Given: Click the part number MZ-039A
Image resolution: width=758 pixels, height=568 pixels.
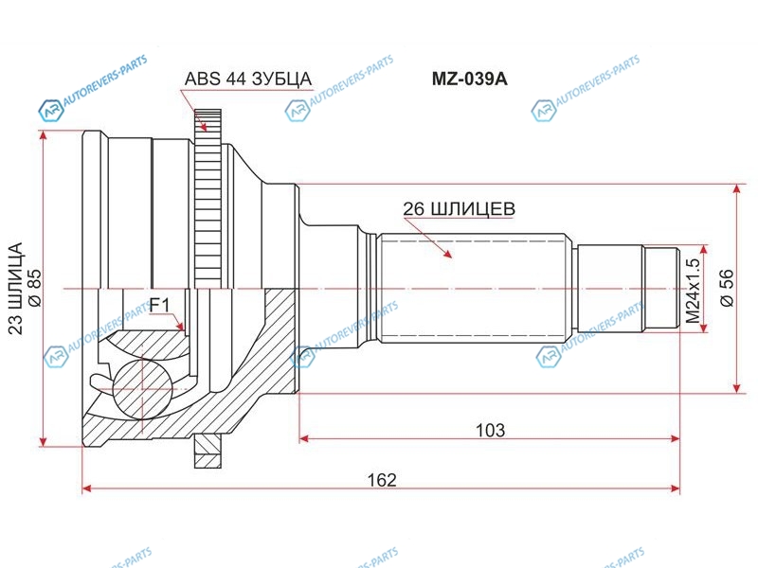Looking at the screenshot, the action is click(x=469, y=79).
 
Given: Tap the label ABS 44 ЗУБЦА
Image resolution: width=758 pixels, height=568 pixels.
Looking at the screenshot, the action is click(x=248, y=79).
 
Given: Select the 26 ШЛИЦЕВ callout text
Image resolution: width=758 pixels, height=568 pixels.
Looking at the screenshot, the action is click(x=459, y=208).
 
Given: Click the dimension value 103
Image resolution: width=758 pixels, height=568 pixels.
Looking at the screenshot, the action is click(x=490, y=430).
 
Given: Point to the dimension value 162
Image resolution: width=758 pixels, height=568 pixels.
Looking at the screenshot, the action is click(x=382, y=480).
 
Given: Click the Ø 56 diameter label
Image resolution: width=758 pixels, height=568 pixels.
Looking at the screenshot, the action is click(x=727, y=288).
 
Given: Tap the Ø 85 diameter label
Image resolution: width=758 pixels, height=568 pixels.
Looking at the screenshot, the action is click(x=35, y=288).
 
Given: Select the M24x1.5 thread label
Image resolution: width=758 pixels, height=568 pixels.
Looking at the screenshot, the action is click(x=693, y=291).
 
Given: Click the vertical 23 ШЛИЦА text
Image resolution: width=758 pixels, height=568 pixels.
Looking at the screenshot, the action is click(x=15, y=289).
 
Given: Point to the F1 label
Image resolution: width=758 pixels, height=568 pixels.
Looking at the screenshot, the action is click(x=159, y=305).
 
